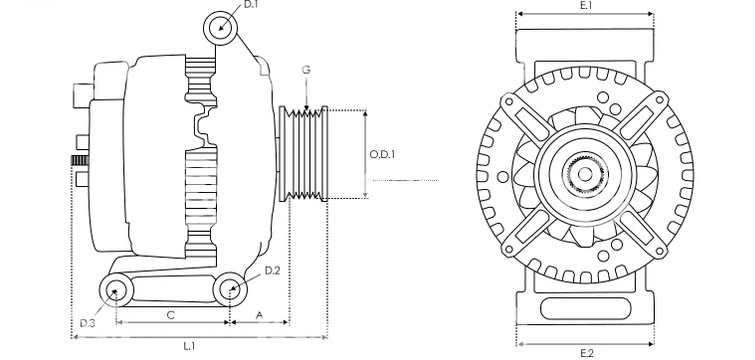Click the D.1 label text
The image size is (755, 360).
coord(251,5)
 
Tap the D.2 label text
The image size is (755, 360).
coord(273,270)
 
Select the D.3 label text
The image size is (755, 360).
coord(87,323)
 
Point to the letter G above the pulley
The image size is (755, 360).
coord(306,70)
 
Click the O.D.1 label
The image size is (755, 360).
coord(382,154)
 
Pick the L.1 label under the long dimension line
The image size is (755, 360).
coord(189,346)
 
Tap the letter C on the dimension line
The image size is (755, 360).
coord(170,315)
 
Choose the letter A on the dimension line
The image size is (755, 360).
coord(259,315)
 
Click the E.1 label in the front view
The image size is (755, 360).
coord(586,5)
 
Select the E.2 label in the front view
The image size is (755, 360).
coord(587,354)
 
